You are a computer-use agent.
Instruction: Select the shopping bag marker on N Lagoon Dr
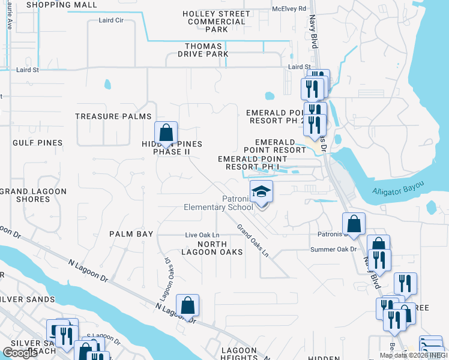tap(188, 305)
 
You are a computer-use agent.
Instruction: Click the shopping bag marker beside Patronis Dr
tap(354, 224)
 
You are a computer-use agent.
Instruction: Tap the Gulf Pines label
tap(37, 143)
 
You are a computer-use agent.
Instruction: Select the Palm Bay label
tap(131, 233)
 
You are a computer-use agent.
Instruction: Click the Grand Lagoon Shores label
tap(33, 195)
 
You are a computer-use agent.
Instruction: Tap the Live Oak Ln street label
tap(202, 235)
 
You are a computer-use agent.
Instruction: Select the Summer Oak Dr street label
tap(333, 249)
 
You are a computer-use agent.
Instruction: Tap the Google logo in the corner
tap(20, 353)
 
